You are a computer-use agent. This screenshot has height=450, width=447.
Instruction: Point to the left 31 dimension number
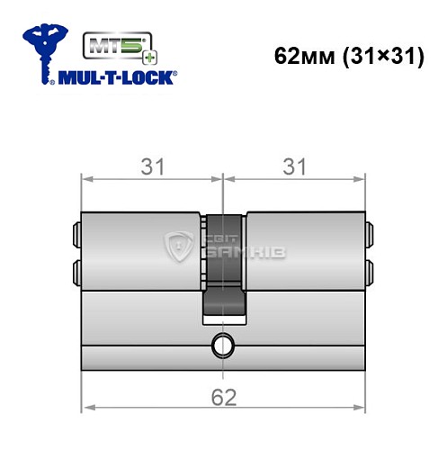[151, 165]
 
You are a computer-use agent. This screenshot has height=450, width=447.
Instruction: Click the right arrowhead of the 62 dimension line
[362, 409]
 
